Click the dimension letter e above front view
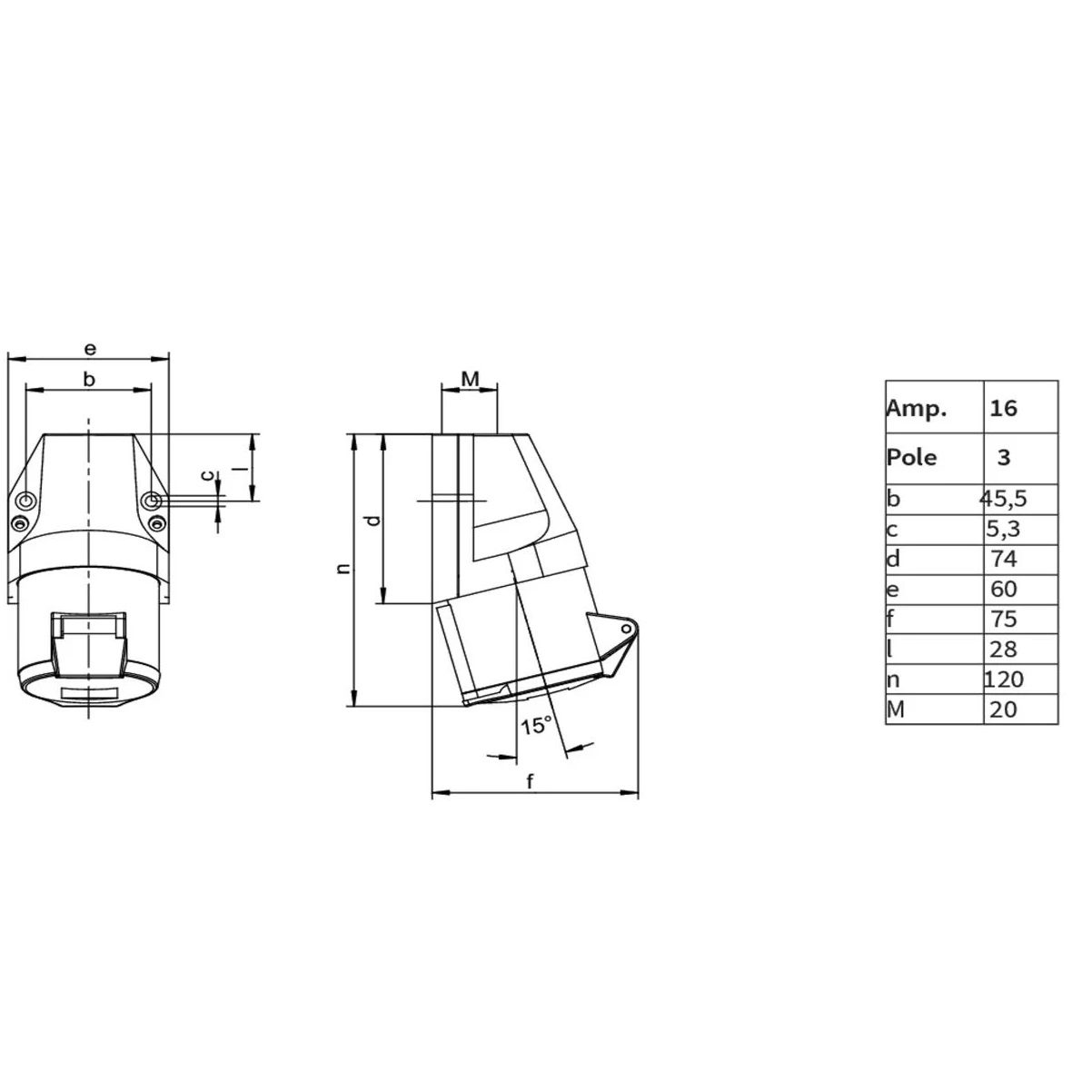[x=89, y=348]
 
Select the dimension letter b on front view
[x=89, y=380]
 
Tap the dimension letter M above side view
[x=470, y=377]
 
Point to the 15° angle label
[x=536, y=725]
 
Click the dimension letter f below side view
[x=531, y=781]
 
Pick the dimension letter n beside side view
[x=342, y=569]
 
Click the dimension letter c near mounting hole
[x=207, y=475]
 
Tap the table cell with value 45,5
[x=1004, y=499]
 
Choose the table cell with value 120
[x=1004, y=679]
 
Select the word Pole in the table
[x=911, y=457]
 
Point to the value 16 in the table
[x=1004, y=408]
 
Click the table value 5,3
[x=1004, y=529]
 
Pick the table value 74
[x=1004, y=559]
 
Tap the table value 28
[x=1004, y=649]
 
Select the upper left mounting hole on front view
[x=26, y=501]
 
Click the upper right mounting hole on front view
[x=152, y=501]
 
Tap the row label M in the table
[x=895, y=710]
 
